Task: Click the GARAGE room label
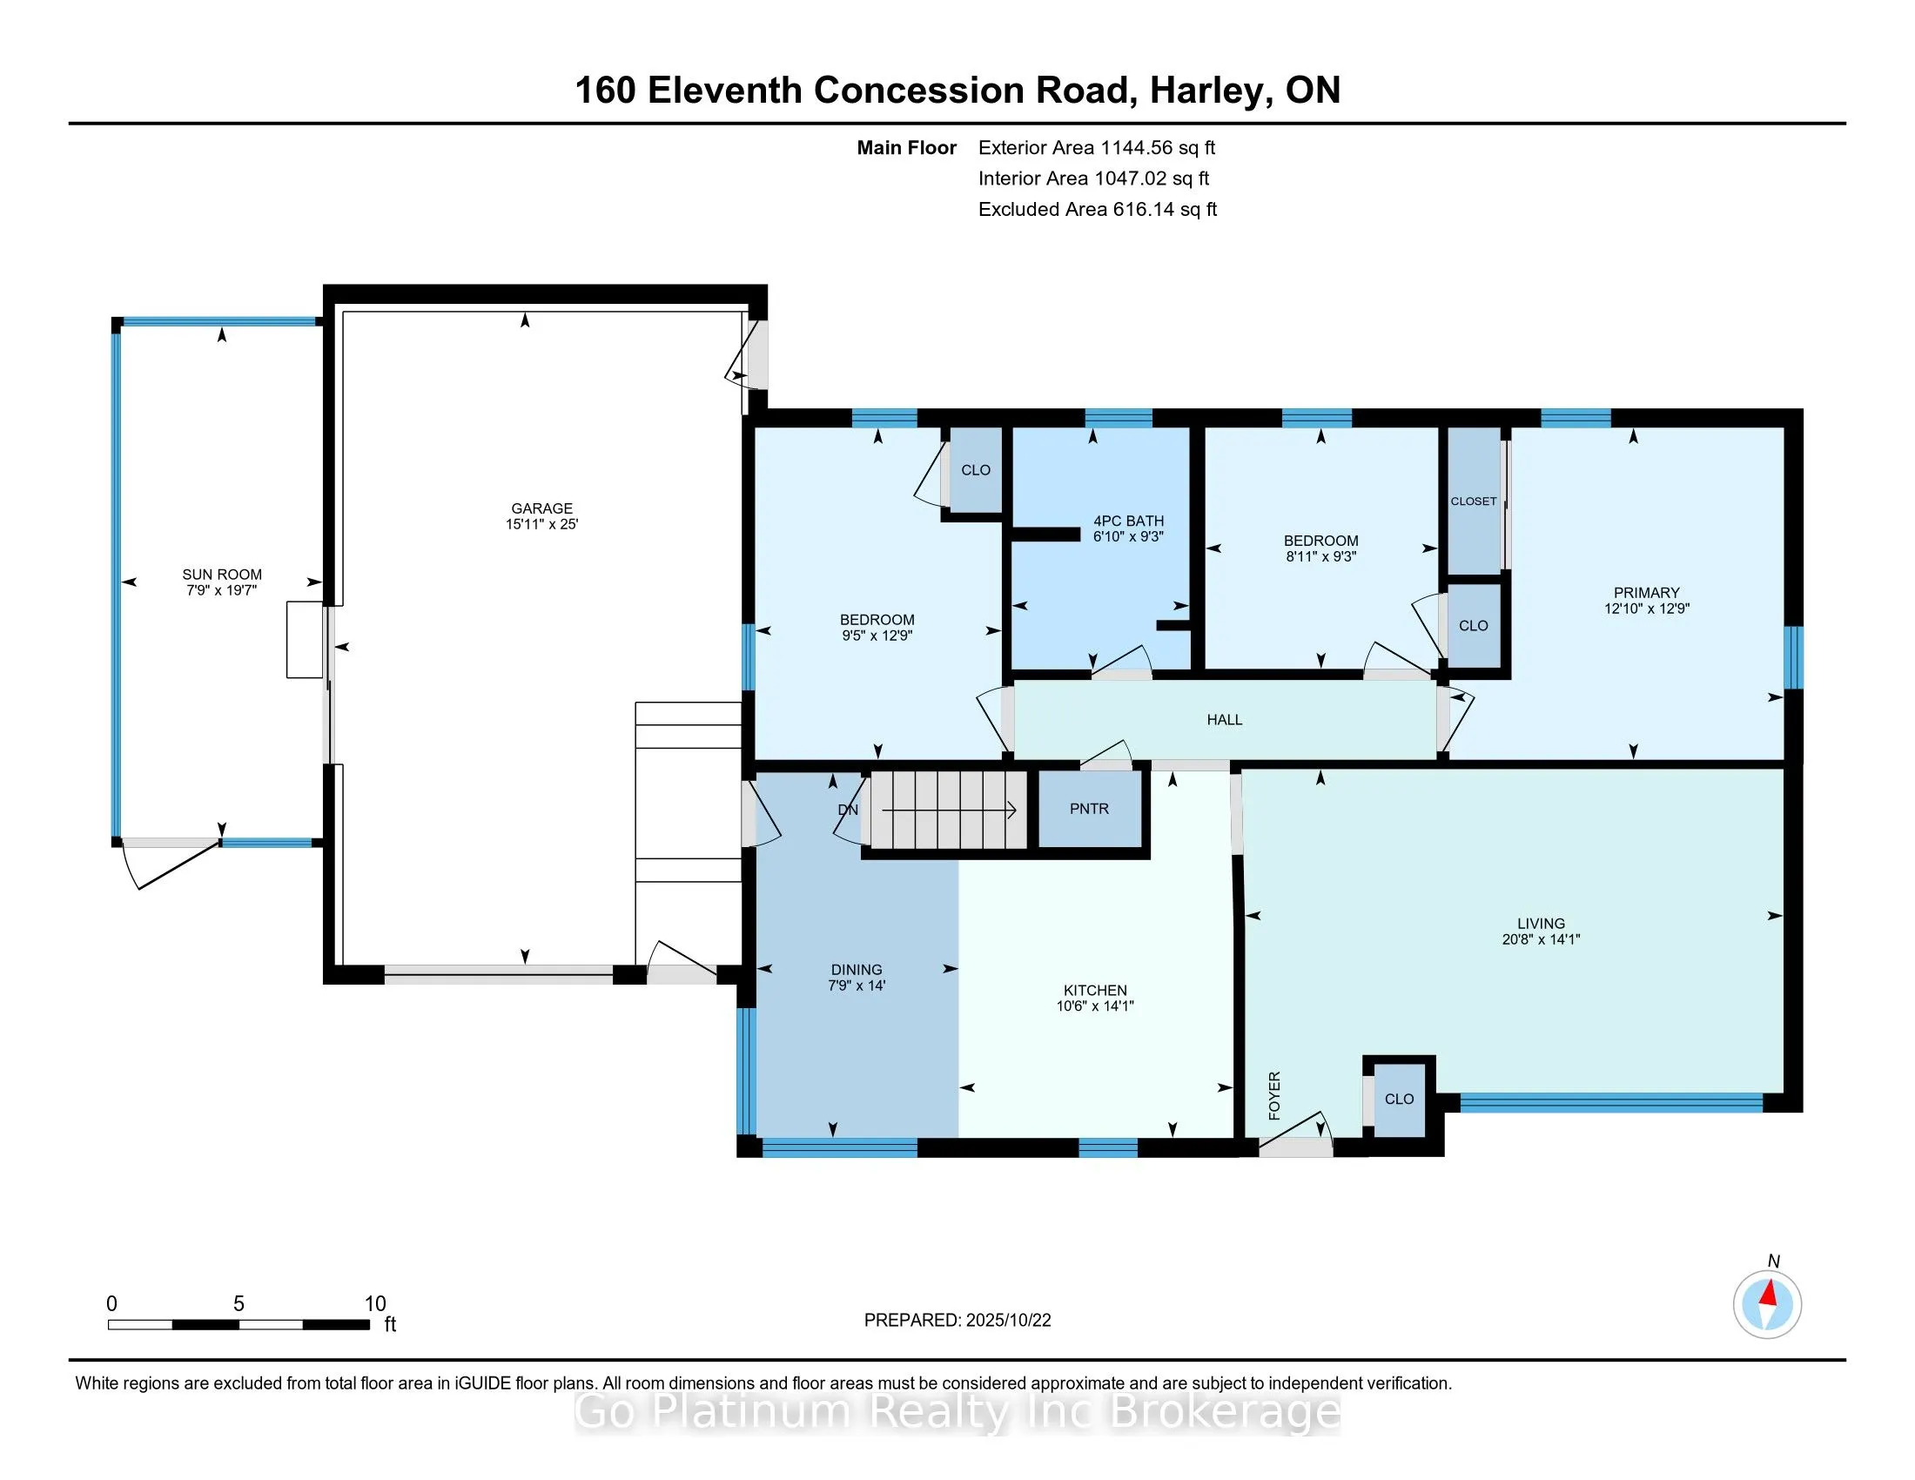coord(541,508)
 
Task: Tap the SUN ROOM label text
coord(222,575)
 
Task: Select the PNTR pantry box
coord(1089,809)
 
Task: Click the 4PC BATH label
coord(1127,521)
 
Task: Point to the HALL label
coord(1224,720)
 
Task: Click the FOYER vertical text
coord(1274,1095)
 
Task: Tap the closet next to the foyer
coord(1399,1099)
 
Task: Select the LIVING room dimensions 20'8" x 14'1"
coord(1541,939)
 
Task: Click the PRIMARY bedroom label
coord(1646,593)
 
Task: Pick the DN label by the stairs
coord(847,810)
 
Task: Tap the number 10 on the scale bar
coord(375,1303)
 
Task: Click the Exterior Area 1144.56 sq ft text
coord(1096,147)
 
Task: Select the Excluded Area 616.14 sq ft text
coord(1097,209)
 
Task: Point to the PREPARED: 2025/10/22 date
coord(957,1320)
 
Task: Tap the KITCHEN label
coord(1094,990)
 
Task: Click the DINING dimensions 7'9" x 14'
coord(857,986)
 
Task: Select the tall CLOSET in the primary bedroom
coord(1473,501)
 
